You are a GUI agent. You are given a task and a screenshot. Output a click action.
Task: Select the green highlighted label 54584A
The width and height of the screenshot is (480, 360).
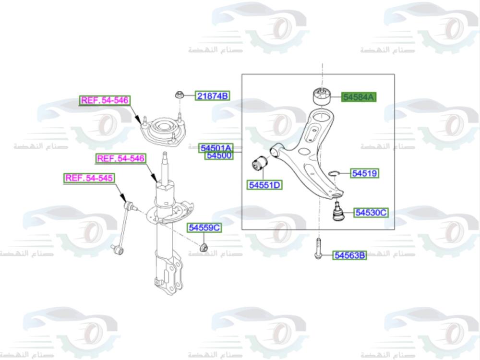tap(359, 97)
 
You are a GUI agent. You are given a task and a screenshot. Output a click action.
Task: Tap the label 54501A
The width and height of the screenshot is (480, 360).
tap(216, 147)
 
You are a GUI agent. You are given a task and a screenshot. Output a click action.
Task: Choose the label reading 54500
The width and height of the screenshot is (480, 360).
tap(219, 155)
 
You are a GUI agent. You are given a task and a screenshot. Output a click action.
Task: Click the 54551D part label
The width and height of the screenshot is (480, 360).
tap(264, 185)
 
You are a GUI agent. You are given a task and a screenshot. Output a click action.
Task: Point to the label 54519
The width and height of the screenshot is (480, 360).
tap(364, 173)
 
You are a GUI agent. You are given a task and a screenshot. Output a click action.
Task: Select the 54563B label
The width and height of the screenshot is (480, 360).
tap(350, 256)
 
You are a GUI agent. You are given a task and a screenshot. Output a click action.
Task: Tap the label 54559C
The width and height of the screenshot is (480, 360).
tap(204, 228)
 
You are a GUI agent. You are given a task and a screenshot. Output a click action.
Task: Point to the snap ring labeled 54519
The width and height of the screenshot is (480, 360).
tap(335, 173)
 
